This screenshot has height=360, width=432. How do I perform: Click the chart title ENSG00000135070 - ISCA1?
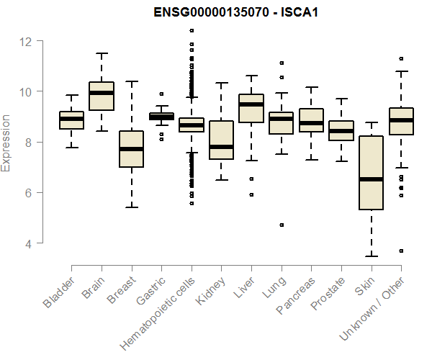235,12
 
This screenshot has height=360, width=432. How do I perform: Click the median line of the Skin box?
371,179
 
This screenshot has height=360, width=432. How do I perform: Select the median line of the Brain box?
102,93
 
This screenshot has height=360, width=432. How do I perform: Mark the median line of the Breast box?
131,149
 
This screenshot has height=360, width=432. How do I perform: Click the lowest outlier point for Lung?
282,225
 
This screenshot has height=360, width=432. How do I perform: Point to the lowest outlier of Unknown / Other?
401,251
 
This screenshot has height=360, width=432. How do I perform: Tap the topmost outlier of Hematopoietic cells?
192,31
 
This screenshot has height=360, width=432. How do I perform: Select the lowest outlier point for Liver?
251,194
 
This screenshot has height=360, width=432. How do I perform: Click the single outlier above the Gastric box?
161,94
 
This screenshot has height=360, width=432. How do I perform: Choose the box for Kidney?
221,140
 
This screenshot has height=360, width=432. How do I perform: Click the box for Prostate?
341,130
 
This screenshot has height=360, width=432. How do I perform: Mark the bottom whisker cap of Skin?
371,256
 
